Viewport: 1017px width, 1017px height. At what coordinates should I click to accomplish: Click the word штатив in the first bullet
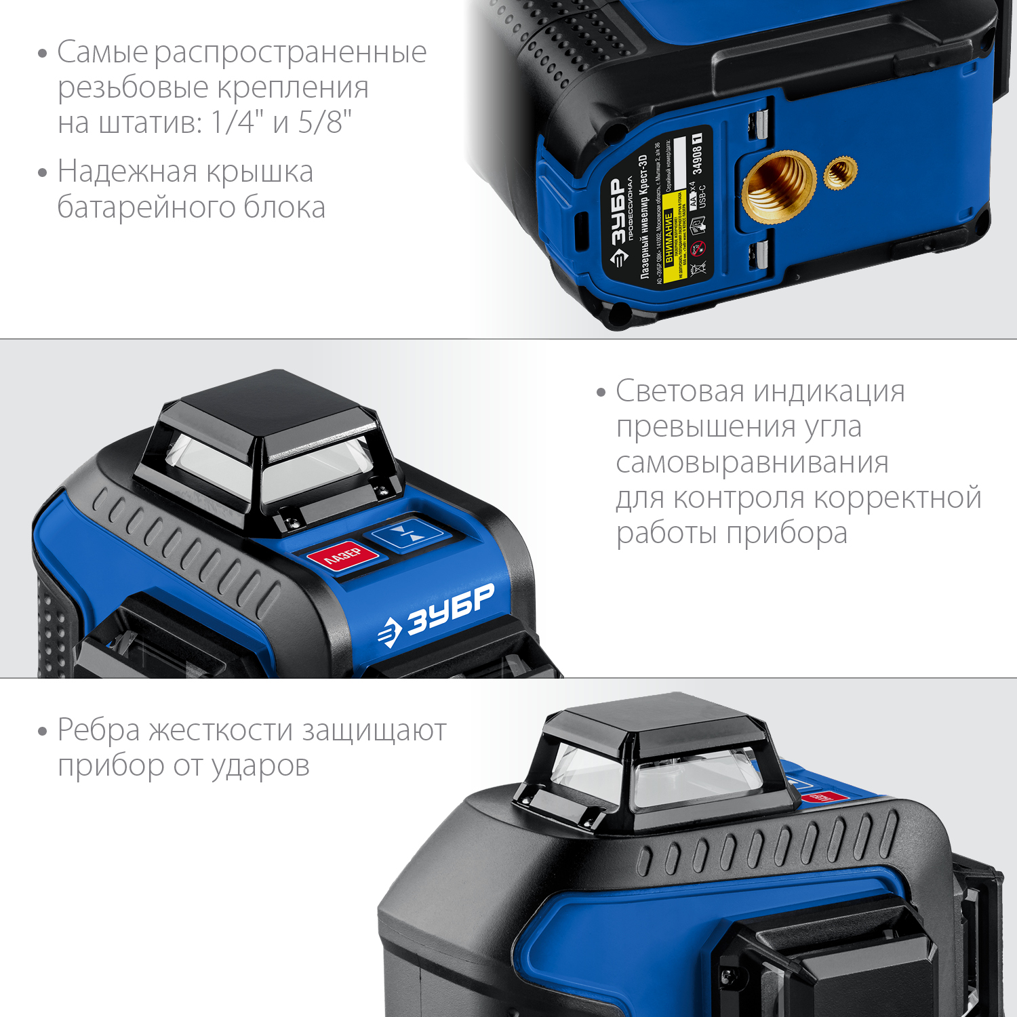[x=149, y=123]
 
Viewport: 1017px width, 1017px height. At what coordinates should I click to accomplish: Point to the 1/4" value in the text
[x=237, y=123]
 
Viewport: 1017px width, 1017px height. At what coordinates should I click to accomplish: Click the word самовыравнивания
[x=752, y=462]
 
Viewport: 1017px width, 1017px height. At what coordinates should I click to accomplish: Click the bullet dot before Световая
[x=601, y=393]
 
